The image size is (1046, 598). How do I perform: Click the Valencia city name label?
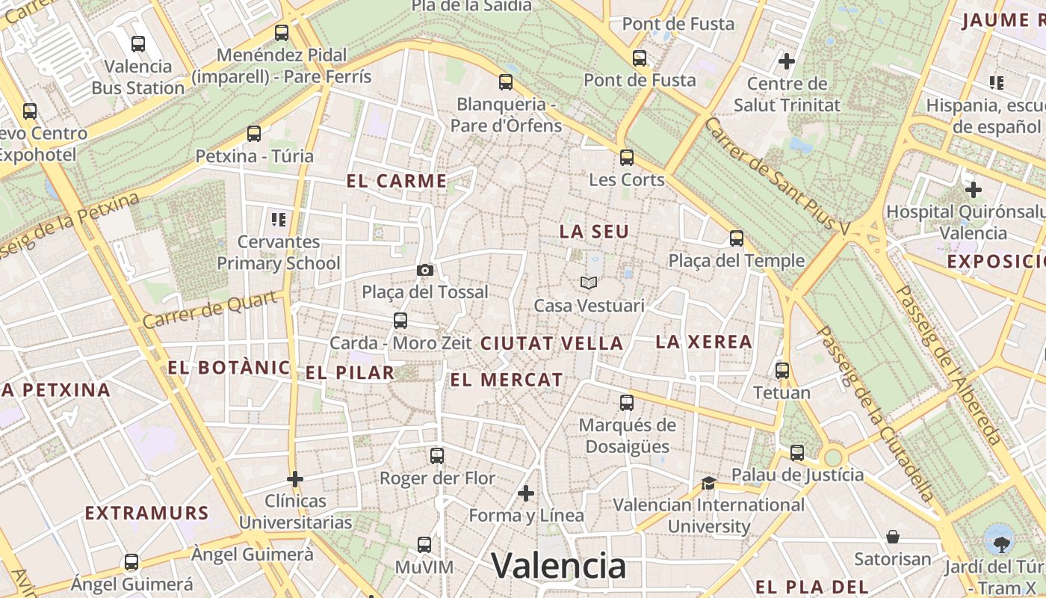[x=558, y=566]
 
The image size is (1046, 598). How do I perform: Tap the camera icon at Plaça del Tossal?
[x=425, y=270]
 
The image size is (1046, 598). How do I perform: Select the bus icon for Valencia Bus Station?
[x=137, y=43]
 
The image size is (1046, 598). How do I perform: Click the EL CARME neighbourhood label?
[x=397, y=181]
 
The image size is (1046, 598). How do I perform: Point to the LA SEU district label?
[x=594, y=232]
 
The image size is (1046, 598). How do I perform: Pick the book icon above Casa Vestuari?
[x=589, y=283]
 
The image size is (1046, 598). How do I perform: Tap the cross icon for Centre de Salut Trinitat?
[x=787, y=61]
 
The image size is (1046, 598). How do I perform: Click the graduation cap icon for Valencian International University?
[x=708, y=483]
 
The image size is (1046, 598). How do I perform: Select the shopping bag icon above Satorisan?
[x=893, y=537]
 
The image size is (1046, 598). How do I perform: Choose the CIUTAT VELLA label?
[x=551, y=344]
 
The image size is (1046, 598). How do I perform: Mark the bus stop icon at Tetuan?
[x=782, y=370]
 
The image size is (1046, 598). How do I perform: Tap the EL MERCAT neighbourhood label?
[x=506, y=380]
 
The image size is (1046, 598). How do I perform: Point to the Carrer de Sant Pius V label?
[x=777, y=176]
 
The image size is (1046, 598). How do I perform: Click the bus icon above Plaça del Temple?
[x=737, y=238]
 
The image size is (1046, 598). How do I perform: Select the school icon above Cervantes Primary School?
[x=279, y=219]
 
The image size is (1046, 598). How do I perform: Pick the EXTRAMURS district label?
[x=146, y=513]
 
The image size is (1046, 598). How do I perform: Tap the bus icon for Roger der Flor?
[x=437, y=455]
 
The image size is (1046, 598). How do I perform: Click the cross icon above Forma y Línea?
[x=526, y=493]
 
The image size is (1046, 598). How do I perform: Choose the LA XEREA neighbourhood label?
[x=704, y=342]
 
